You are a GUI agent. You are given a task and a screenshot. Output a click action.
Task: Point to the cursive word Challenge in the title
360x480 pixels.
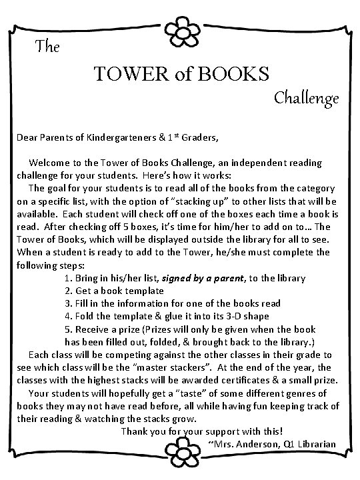point(307,99)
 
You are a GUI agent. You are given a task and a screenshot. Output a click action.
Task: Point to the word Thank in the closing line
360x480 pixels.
point(134,431)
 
